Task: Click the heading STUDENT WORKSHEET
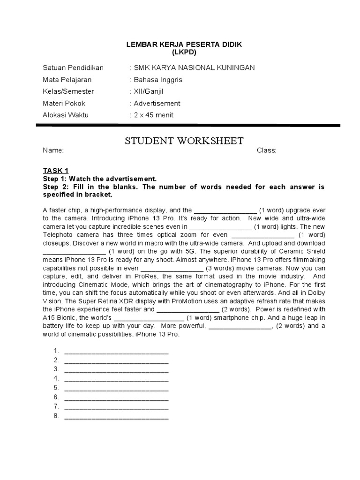[x=184, y=141]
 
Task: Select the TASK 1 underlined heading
[x=56, y=171]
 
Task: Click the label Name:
[x=53, y=151]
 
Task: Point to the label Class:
[x=266, y=151]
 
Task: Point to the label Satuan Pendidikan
[x=73, y=68]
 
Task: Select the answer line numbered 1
[x=116, y=351]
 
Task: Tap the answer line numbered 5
[x=116, y=388]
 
